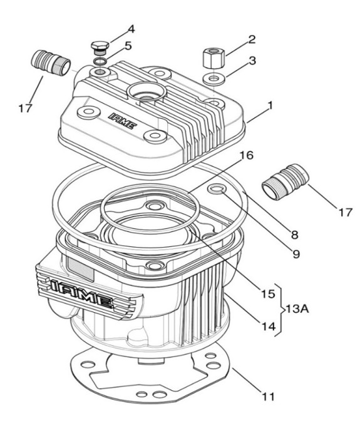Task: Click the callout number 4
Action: (x=131, y=29)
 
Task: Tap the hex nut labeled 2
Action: (x=213, y=58)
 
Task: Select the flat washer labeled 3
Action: (x=214, y=79)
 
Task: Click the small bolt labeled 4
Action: (x=100, y=48)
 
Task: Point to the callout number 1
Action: (x=270, y=105)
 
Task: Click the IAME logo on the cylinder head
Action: (x=123, y=121)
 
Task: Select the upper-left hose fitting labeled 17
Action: (x=51, y=63)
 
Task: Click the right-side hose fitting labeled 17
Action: (x=285, y=181)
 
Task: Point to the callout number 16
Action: (x=247, y=155)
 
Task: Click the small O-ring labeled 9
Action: (x=216, y=190)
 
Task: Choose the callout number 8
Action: (x=295, y=235)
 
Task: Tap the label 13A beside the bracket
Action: (x=297, y=309)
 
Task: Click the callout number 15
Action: (x=268, y=294)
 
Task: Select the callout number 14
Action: (x=269, y=327)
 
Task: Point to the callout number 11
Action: (x=268, y=396)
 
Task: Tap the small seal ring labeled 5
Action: (x=100, y=61)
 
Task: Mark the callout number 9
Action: (x=296, y=253)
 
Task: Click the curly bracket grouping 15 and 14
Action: (x=280, y=310)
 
